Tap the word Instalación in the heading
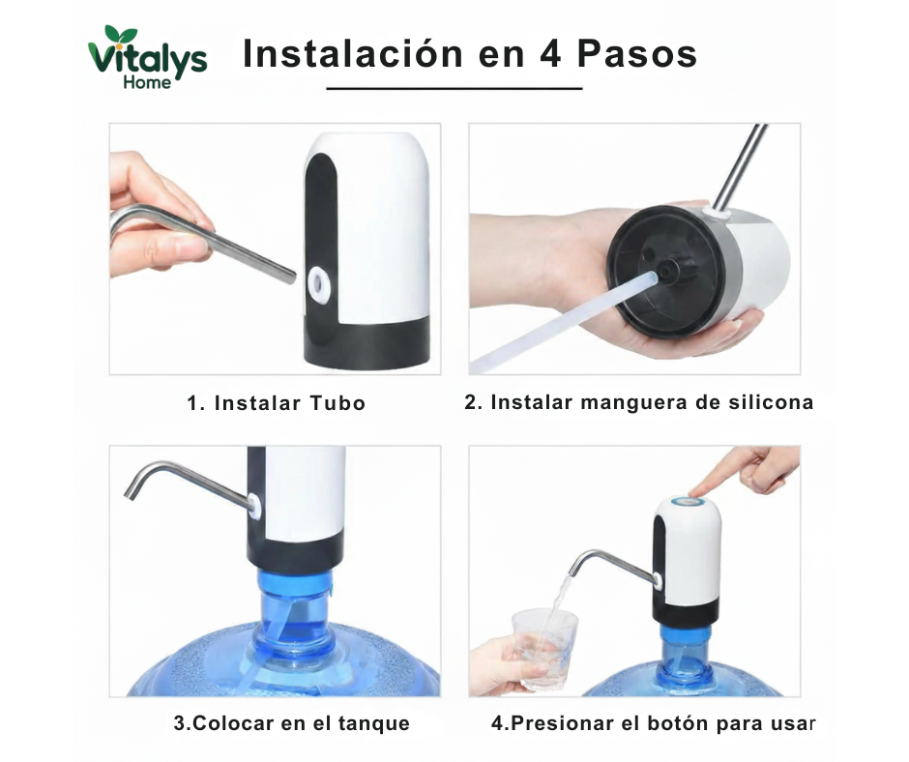point(354,53)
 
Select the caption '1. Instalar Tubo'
point(277,403)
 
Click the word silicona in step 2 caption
point(770,402)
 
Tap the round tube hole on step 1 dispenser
point(316,282)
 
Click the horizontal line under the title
point(454,88)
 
